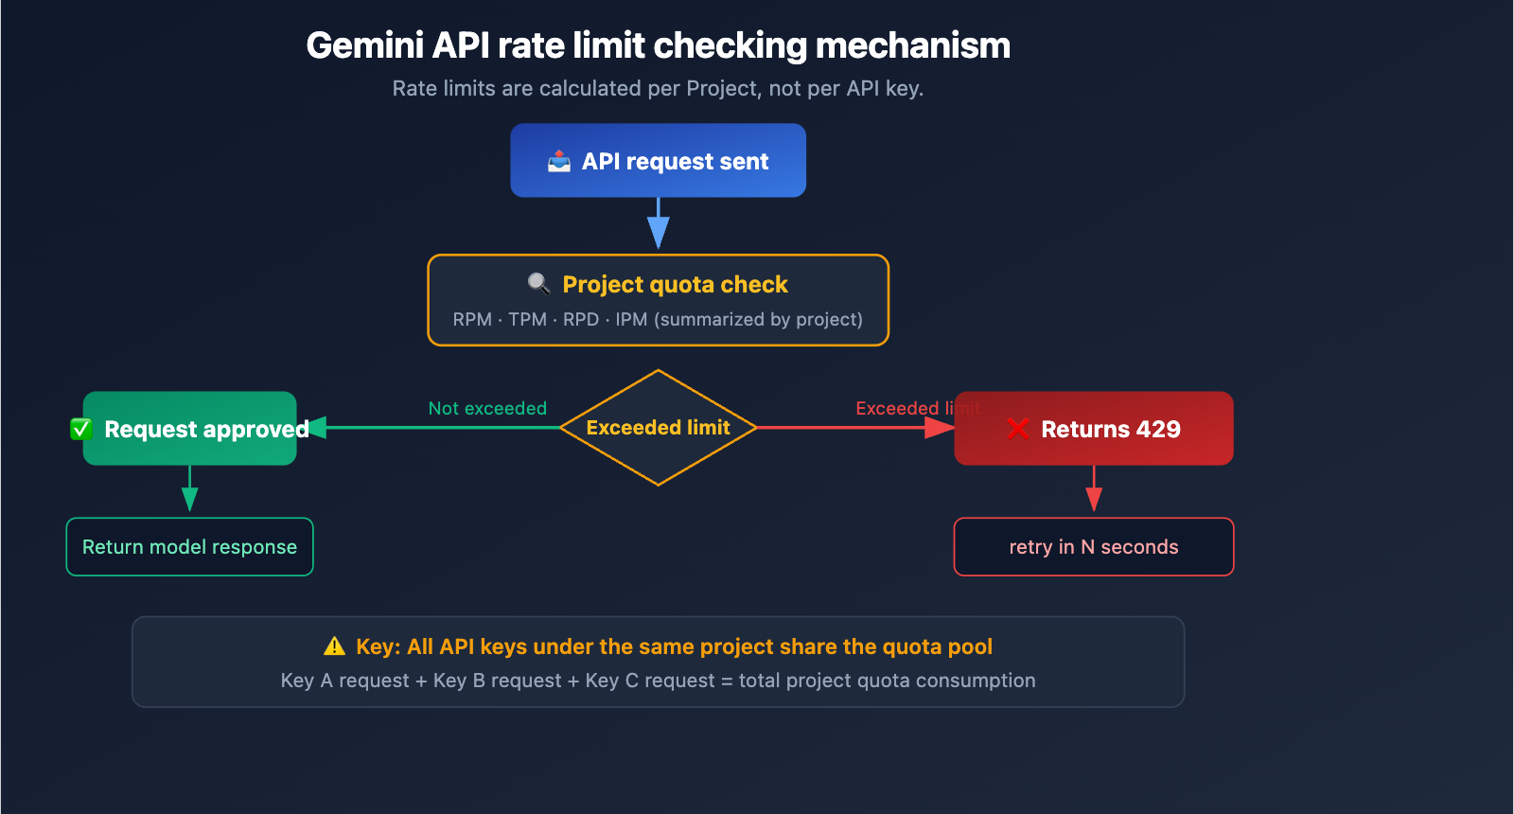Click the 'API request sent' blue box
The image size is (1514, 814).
[x=658, y=161]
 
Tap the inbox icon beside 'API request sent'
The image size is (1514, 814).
[x=559, y=161]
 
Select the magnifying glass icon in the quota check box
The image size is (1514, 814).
[x=538, y=283]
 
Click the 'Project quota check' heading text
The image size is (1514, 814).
[x=675, y=285]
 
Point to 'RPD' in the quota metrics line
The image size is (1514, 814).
[x=581, y=320]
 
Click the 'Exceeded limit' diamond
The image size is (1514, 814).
[x=658, y=428]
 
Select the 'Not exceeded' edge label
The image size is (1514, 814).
[x=487, y=408]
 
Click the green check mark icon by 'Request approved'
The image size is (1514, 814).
[x=81, y=430]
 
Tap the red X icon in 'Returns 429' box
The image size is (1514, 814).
[x=1018, y=429]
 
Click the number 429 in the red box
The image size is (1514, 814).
[x=1158, y=430]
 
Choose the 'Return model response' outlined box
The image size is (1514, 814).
[x=189, y=547]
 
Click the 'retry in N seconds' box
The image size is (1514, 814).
[x=1093, y=547]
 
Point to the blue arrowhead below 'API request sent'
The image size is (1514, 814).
[x=659, y=232]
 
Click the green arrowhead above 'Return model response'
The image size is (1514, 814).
[x=189, y=499]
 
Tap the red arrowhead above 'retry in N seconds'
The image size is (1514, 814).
[x=1094, y=499]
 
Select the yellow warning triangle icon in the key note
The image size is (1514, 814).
[x=335, y=646]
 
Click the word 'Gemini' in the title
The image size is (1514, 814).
[x=364, y=45]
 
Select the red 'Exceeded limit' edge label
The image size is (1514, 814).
[x=916, y=408]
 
